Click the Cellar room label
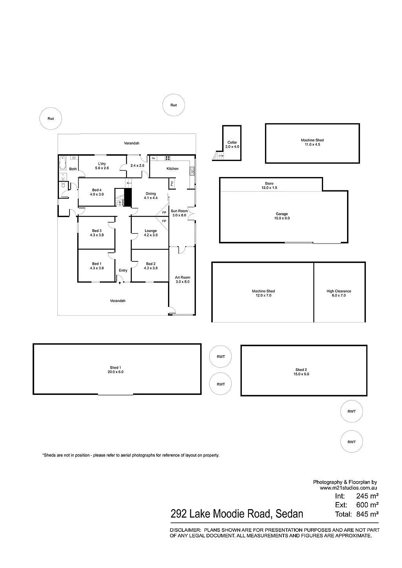(232, 142)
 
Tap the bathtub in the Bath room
(62, 163)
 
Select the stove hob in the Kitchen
(167, 158)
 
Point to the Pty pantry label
(172, 183)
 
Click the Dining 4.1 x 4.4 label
(151, 196)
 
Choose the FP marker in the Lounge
(164, 221)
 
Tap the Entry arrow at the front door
(120, 283)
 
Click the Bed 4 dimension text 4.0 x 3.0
(97, 194)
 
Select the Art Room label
(183, 278)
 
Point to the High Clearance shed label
(339, 291)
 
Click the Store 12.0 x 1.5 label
(269, 186)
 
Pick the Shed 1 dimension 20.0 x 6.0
(115, 372)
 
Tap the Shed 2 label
(301, 370)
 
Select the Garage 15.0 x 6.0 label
(282, 216)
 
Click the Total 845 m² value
(367, 514)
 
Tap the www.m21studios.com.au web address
(348, 488)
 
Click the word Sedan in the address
(289, 514)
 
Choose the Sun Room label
(179, 211)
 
